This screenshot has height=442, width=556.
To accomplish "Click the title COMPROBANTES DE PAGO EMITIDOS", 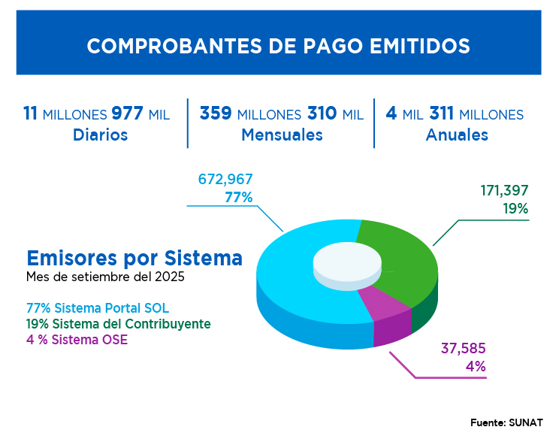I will [x=278, y=46].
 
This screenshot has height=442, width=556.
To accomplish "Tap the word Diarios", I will [x=100, y=135].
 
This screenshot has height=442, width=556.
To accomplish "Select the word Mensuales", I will [x=282, y=135].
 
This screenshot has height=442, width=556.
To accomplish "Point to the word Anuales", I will [x=457, y=135].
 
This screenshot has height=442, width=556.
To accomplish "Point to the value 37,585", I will [x=463, y=349].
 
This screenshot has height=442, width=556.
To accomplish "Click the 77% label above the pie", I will [x=238, y=197].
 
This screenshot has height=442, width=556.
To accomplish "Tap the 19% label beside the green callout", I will [x=515, y=209].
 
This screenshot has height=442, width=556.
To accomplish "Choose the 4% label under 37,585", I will [x=475, y=367].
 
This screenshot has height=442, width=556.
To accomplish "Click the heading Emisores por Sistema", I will [x=134, y=258].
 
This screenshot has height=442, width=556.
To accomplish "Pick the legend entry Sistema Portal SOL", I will [x=97, y=309].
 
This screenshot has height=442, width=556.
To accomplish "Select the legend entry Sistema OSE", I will [x=77, y=339].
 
